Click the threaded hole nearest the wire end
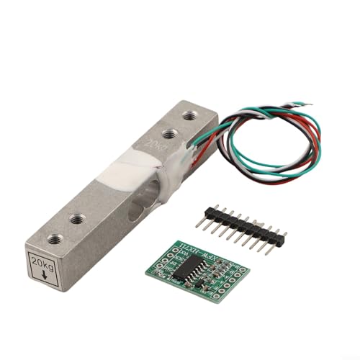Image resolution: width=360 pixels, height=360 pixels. [x=189, y=114]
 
